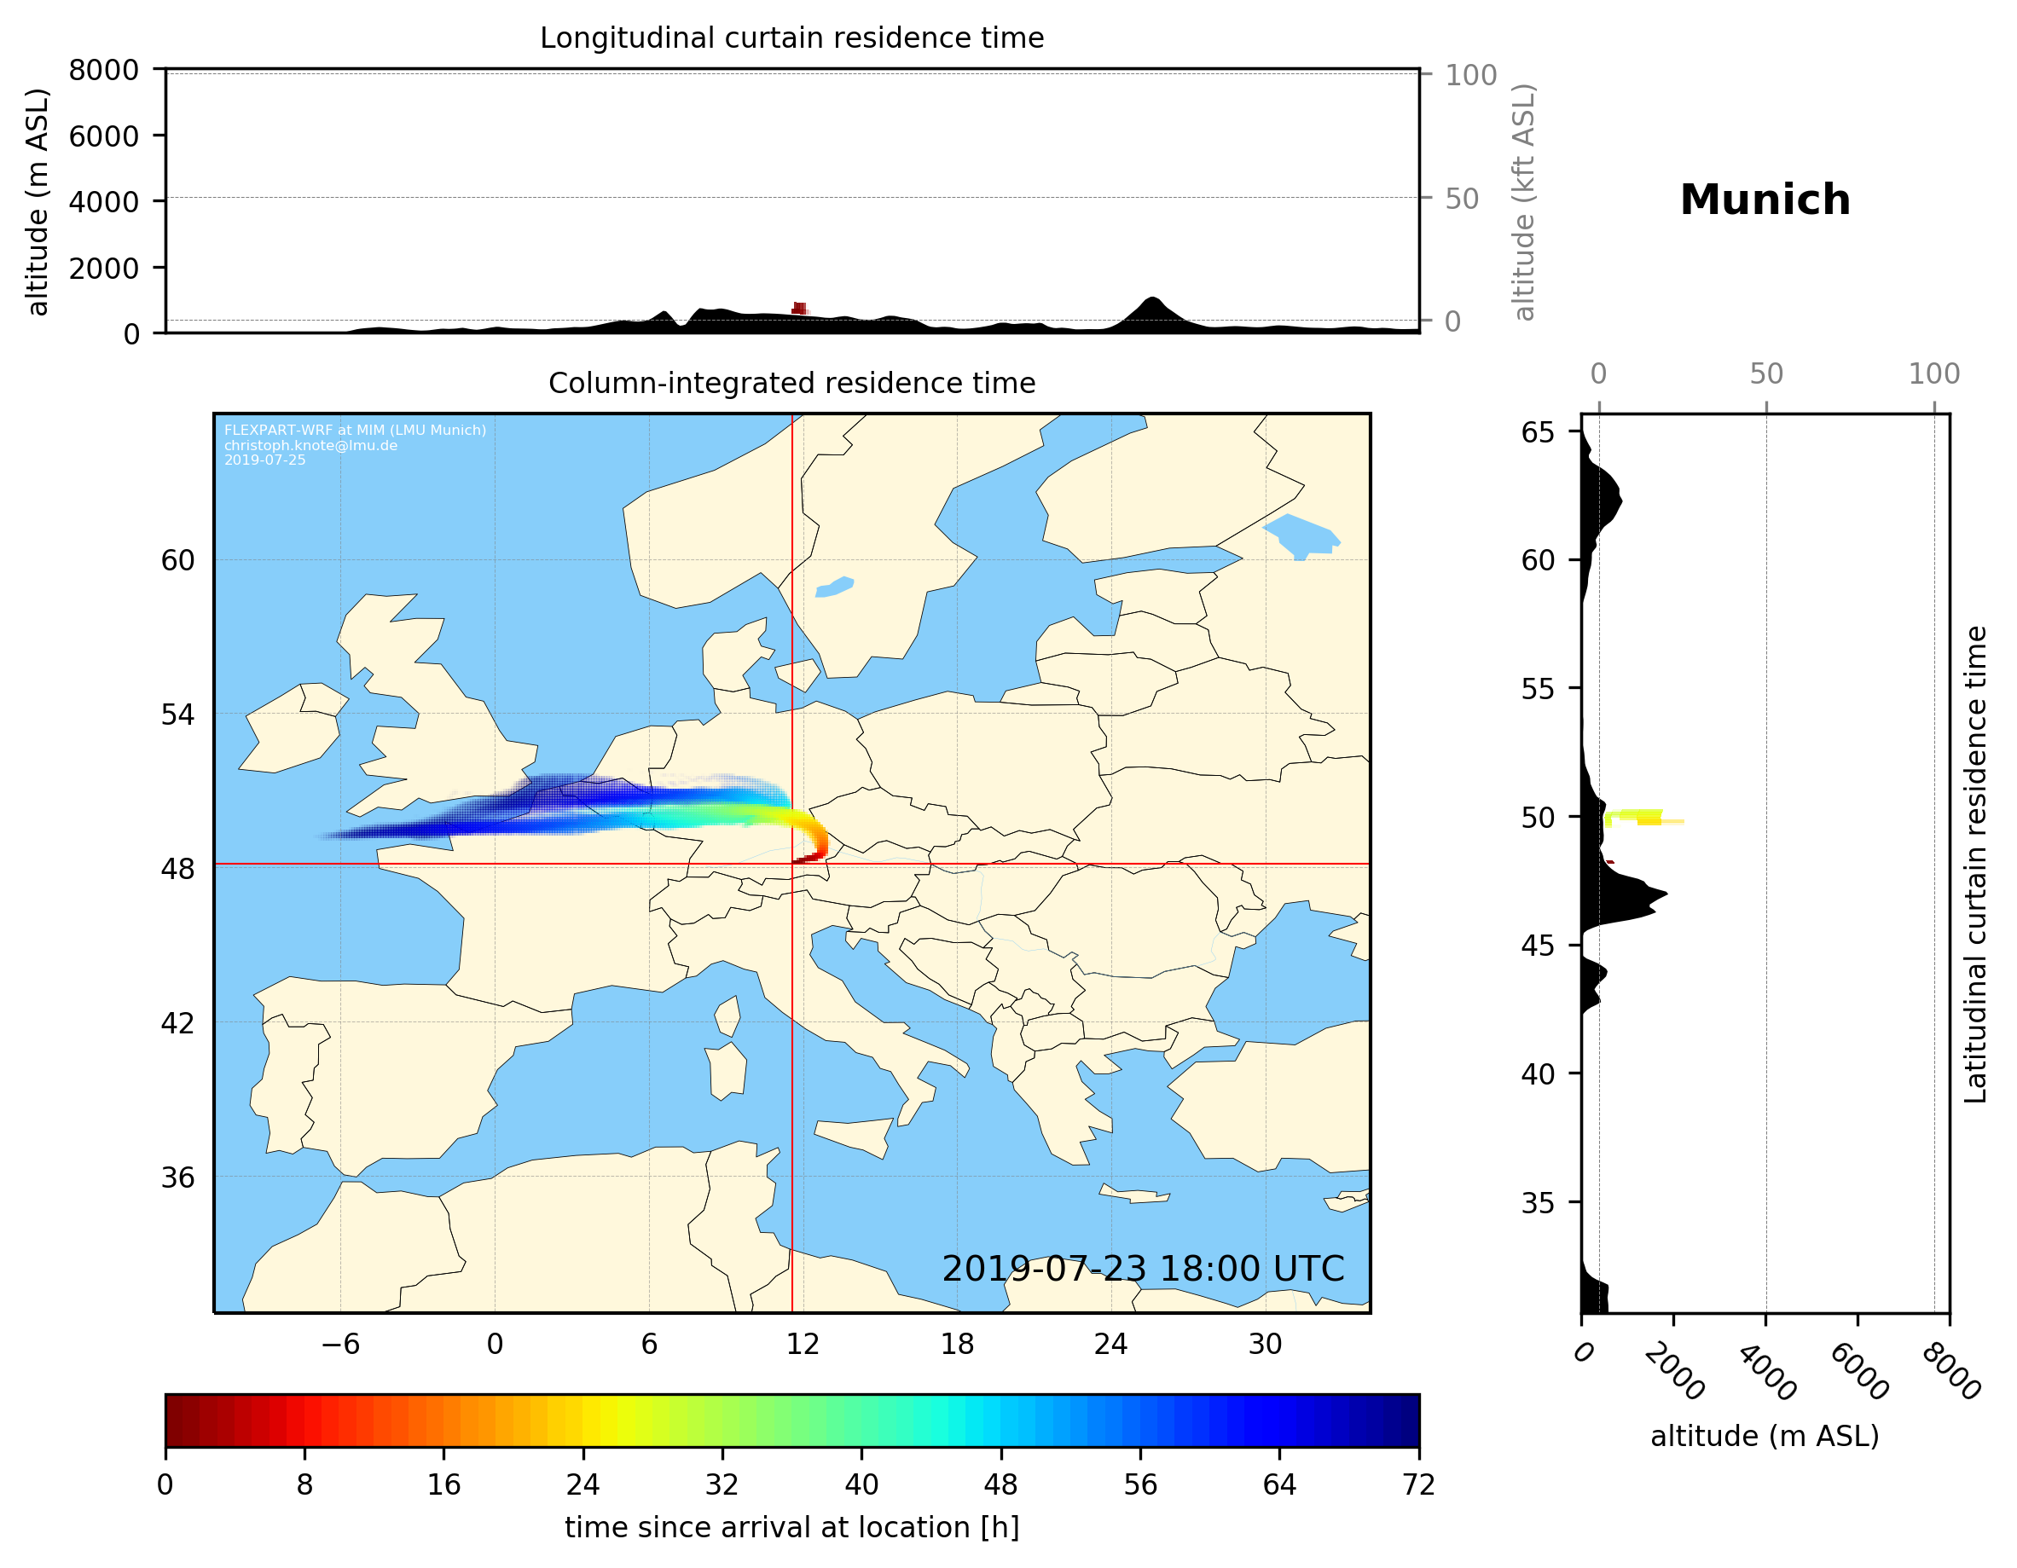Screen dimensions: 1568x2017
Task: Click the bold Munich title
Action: click(1764, 200)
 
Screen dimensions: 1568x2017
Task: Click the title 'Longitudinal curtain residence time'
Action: click(791, 38)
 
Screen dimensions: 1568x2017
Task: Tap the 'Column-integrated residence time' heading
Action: click(791, 383)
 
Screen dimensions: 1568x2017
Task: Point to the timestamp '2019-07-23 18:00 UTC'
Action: click(1143, 1269)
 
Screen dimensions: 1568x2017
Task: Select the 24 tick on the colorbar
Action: click(582, 1485)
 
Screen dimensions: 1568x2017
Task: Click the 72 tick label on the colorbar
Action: click(1418, 1485)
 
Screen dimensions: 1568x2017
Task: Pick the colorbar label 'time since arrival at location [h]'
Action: click(791, 1527)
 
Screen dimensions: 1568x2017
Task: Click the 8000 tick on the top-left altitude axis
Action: click(103, 70)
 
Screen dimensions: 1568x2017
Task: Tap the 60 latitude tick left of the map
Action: click(177, 560)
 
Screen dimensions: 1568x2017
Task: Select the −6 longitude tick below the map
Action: click(339, 1344)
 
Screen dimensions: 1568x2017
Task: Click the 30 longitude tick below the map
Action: click(1264, 1344)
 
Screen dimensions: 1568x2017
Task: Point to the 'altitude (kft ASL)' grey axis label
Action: click(1523, 202)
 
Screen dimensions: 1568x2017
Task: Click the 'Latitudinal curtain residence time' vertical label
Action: click(1974, 864)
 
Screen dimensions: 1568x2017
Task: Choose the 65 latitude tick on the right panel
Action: click(1538, 432)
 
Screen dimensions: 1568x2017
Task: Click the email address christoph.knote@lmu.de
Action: click(310, 445)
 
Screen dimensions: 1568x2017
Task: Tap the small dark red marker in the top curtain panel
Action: click(799, 309)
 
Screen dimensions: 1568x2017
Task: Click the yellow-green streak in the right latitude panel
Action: click(1639, 816)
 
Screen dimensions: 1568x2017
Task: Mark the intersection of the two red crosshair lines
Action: click(792, 865)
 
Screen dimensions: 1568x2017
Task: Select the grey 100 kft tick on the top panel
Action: click(1470, 75)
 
